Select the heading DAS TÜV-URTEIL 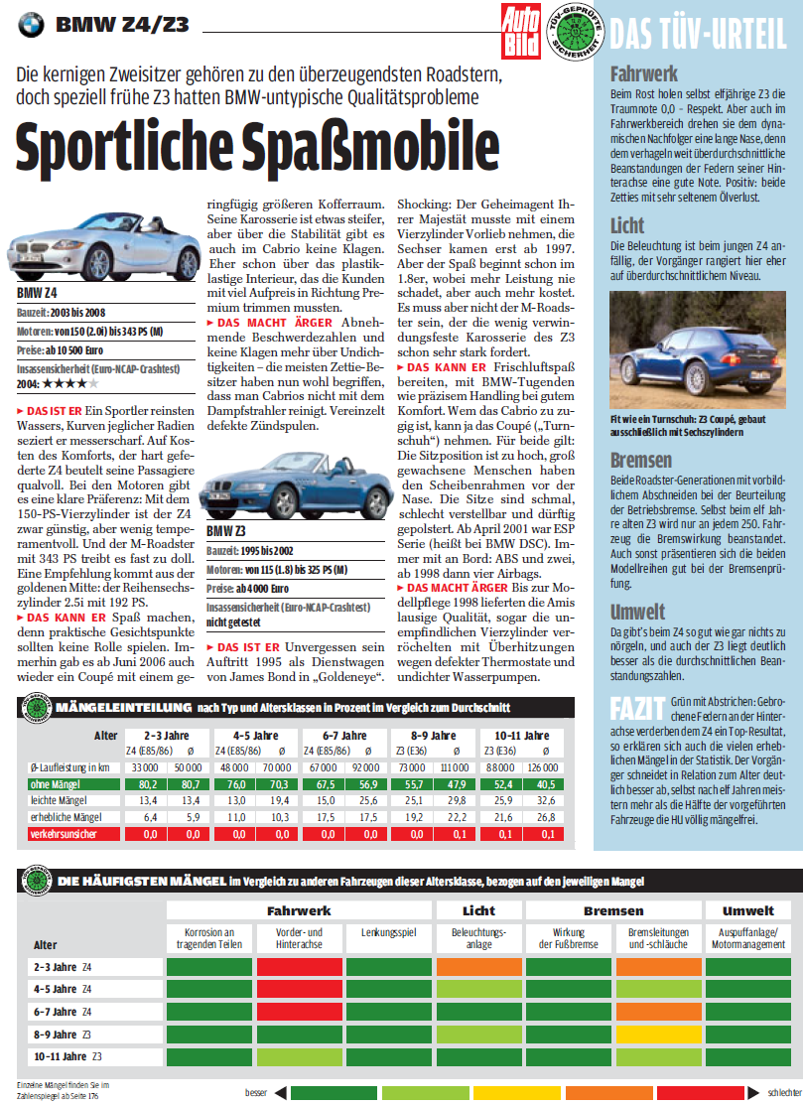tap(697, 34)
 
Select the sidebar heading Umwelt tap(637, 612)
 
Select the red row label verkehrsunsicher tap(65, 835)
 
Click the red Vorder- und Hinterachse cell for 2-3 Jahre tap(300, 967)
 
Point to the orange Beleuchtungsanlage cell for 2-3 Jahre tap(479, 967)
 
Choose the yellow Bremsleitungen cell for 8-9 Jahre tap(659, 1034)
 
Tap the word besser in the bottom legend tap(256, 1092)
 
